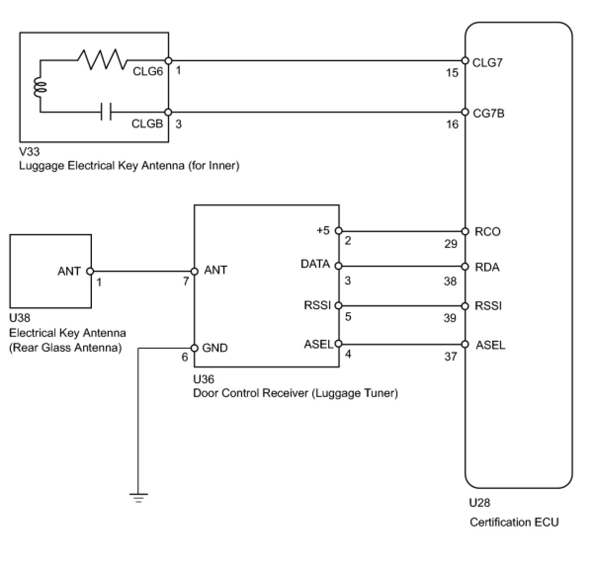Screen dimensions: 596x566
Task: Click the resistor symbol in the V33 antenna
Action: tap(102, 59)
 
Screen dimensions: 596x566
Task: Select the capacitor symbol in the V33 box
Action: tap(106, 112)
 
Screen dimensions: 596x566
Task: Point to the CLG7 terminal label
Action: tap(487, 63)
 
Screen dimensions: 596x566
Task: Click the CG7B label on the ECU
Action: tap(488, 113)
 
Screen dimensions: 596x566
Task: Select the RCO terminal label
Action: tap(487, 232)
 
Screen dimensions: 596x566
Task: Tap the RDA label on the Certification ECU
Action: tap(487, 267)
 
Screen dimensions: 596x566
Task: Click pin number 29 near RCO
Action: tap(451, 243)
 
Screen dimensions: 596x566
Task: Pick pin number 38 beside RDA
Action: tap(450, 281)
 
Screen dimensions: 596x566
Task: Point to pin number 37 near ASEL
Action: tap(451, 356)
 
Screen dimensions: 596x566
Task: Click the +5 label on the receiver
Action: tap(323, 230)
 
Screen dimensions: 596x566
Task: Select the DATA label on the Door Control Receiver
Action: tap(315, 264)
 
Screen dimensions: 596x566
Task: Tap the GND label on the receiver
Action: tap(215, 348)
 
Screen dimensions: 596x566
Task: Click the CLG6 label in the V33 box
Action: tap(148, 71)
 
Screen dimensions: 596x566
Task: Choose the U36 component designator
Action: tap(204, 379)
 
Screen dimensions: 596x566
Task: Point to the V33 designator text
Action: tap(29, 152)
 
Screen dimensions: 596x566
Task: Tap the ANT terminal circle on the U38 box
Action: tap(90, 271)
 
